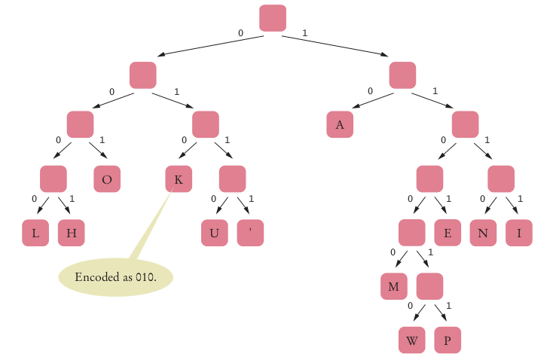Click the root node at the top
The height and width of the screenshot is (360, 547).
[x=272, y=18]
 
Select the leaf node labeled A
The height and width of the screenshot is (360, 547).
[x=340, y=125]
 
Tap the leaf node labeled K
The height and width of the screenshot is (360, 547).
[x=179, y=179]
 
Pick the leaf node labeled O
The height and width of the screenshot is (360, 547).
[x=107, y=179]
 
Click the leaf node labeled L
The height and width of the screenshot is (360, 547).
[x=35, y=233]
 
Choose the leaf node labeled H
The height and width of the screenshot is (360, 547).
[x=71, y=233]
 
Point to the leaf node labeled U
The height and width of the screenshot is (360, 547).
[x=214, y=233]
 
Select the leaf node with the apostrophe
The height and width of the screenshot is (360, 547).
[x=250, y=233]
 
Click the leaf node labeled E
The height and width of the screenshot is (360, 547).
[x=448, y=233]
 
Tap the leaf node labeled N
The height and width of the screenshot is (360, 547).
[x=483, y=233]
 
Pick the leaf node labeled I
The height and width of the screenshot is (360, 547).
[x=519, y=233]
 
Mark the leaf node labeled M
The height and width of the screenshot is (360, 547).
[x=393, y=287]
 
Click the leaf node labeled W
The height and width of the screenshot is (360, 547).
[x=411, y=340]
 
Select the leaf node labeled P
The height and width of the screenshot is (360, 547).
[x=448, y=340]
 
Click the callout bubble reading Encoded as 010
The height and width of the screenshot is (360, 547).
[x=116, y=277]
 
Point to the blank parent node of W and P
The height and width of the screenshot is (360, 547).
[x=429, y=287]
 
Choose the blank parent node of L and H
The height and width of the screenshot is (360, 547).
[x=53, y=179]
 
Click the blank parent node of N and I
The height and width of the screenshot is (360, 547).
[x=501, y=179]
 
